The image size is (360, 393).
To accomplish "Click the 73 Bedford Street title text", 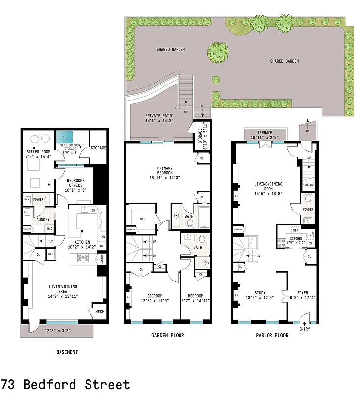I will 65,384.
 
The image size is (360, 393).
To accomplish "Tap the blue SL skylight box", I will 64,136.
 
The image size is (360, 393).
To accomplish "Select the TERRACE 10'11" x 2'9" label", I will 265,135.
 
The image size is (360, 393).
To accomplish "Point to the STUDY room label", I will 259,294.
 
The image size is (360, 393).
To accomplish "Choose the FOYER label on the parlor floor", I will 302,294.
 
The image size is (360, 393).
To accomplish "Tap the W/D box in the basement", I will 50,228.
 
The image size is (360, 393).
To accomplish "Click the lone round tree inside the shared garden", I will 217,52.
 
